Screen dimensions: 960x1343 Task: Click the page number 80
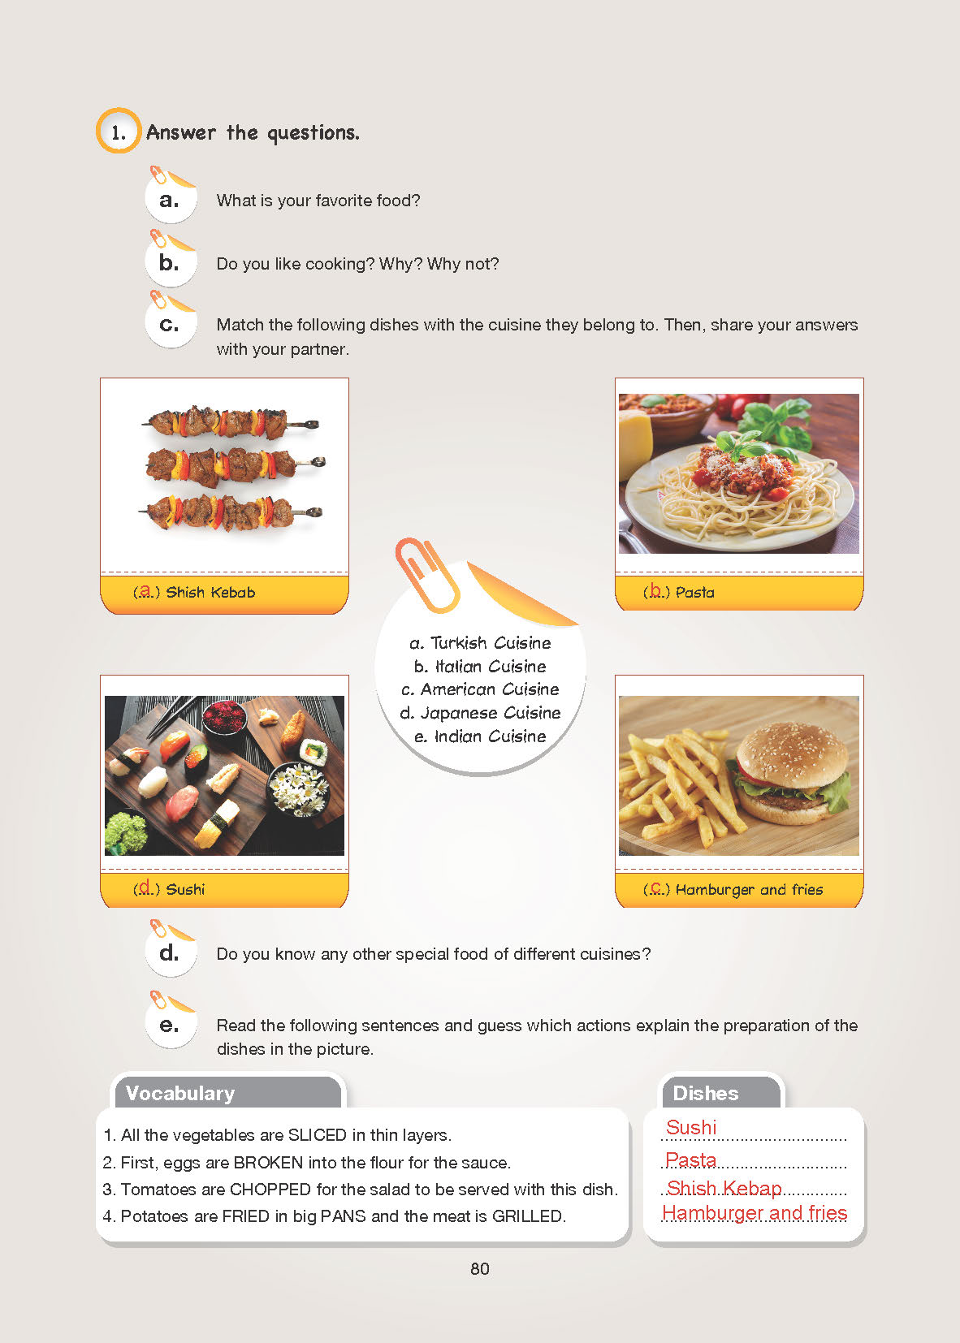(x=480, y=1268)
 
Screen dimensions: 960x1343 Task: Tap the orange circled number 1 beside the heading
(x=118, y=131)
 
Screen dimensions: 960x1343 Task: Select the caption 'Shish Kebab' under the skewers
(x=210, y=593)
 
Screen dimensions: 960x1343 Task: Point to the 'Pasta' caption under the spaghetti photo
(x=695, y=593)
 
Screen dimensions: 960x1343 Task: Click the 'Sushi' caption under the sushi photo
(x=185, y=889)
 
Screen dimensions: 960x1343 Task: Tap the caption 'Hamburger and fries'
(x=749, y=889)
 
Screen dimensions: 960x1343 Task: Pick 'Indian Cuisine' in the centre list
(x=490, y=736)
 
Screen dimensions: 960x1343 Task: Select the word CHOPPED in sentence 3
(x=270, y=1189)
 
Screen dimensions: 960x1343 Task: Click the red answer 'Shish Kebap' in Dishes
(x=724, y=1188)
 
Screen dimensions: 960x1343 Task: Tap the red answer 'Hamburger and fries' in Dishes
(x=755, y=1212)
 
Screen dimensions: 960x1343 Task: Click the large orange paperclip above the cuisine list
(x=427, y=574)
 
